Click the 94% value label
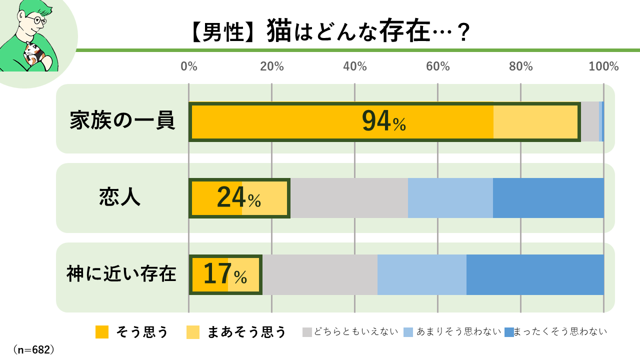click(x=383, y=121)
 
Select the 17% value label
click(x=225, y=274)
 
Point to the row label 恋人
click(x=120, y=198)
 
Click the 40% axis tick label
click(x=355, y=66)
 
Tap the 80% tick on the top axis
click(x=521, y=66)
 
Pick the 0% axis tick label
click(x=188, y=66)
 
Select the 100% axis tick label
click(x=603, y=66)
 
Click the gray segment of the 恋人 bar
click(x=349, y=198)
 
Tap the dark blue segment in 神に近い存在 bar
click(x=535, y=274)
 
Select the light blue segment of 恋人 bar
click(x=450, y=198)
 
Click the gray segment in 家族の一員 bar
click(x=589, y=121)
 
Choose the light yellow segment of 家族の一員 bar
click(x=535, y=121)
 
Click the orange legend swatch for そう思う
click(x=102, y=332)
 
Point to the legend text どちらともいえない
click(x=356, y=331)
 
